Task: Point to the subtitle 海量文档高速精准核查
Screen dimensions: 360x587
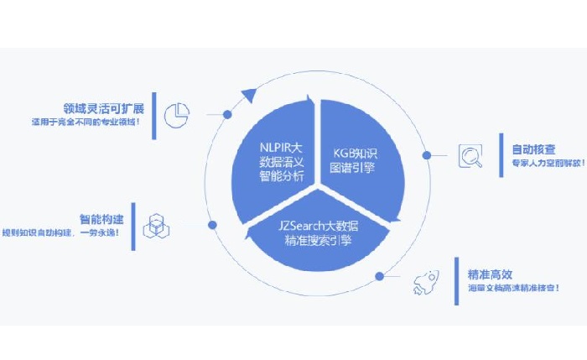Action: pyautogui.click(x=513, y=289)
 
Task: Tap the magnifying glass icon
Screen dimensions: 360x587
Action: pyautogui.click(x=470, y=156)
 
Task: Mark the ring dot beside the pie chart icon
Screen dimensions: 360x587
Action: pyautogui.click(x=227, y=113)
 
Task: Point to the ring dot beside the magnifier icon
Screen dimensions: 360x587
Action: pyautogui.click(x=426, y=155)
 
